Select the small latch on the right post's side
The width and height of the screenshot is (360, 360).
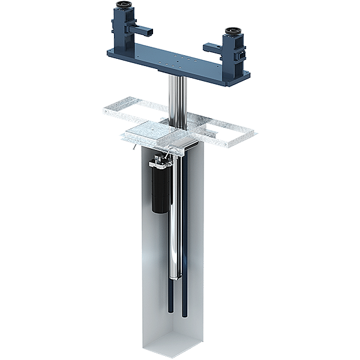(x=241, y=54)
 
